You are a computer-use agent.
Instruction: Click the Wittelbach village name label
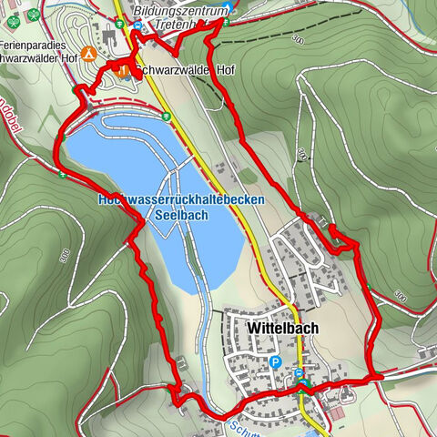277,327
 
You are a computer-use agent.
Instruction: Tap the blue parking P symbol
276,362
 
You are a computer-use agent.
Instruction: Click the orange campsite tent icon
89,53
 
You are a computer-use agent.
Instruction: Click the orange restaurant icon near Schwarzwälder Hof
124,69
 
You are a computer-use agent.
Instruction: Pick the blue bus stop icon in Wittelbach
299,372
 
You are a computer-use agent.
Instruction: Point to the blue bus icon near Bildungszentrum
138,27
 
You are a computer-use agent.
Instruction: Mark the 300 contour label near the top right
298,41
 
